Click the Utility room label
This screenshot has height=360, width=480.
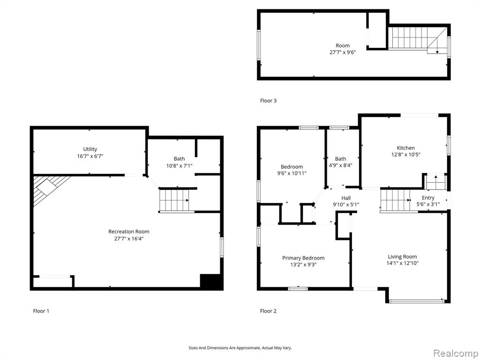coord(90,149)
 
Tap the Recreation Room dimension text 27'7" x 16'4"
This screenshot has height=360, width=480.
coord(129,239)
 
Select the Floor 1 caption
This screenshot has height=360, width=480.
coord(41,311)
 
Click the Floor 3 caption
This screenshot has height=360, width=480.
coord(269,100)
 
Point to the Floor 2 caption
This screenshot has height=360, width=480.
coord(269,311)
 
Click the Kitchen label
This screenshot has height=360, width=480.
coord(406,148)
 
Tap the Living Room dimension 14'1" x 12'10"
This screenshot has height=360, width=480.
coord(403,263)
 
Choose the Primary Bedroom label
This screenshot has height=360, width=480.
coord(303,258)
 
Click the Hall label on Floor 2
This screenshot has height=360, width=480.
coord(346,198)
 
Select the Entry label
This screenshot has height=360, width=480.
coord(428,198)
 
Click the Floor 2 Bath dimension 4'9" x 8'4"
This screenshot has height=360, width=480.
coord(341,165)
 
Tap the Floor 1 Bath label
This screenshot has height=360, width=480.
coord(180,158)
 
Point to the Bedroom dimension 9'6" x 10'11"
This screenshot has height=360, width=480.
coord(292,173)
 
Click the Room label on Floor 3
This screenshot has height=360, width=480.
coord(343,45)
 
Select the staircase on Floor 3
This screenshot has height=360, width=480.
coord(417,39)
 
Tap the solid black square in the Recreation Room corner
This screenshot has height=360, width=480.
coord(210,281)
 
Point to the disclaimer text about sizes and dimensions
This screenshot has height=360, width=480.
coord(240,348)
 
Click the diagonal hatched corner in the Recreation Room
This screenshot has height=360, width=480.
coord(49,190)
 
